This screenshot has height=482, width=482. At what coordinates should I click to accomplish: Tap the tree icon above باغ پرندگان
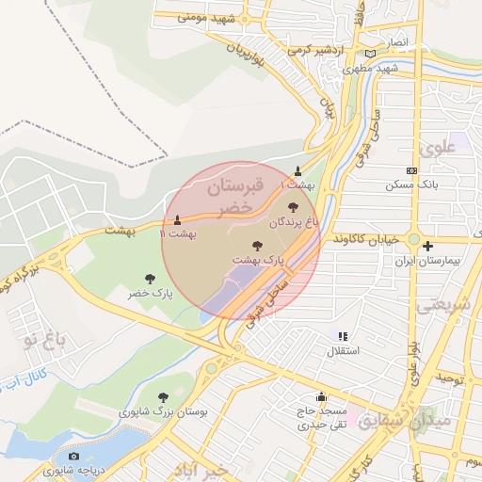click(293, 207)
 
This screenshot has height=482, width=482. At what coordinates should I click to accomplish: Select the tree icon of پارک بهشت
click(259, 244)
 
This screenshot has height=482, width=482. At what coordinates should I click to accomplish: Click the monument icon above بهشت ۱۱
click(177, 219)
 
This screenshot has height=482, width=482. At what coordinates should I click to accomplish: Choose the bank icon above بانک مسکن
click(410, 170)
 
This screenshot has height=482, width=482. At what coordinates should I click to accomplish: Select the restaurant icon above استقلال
click(343, 335)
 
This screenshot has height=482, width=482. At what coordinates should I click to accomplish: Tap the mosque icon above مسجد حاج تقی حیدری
click(323, 397)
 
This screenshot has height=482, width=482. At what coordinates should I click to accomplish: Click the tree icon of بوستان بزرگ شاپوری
click(164, 397)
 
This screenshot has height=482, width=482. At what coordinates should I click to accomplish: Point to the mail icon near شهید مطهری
click(370, 54)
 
